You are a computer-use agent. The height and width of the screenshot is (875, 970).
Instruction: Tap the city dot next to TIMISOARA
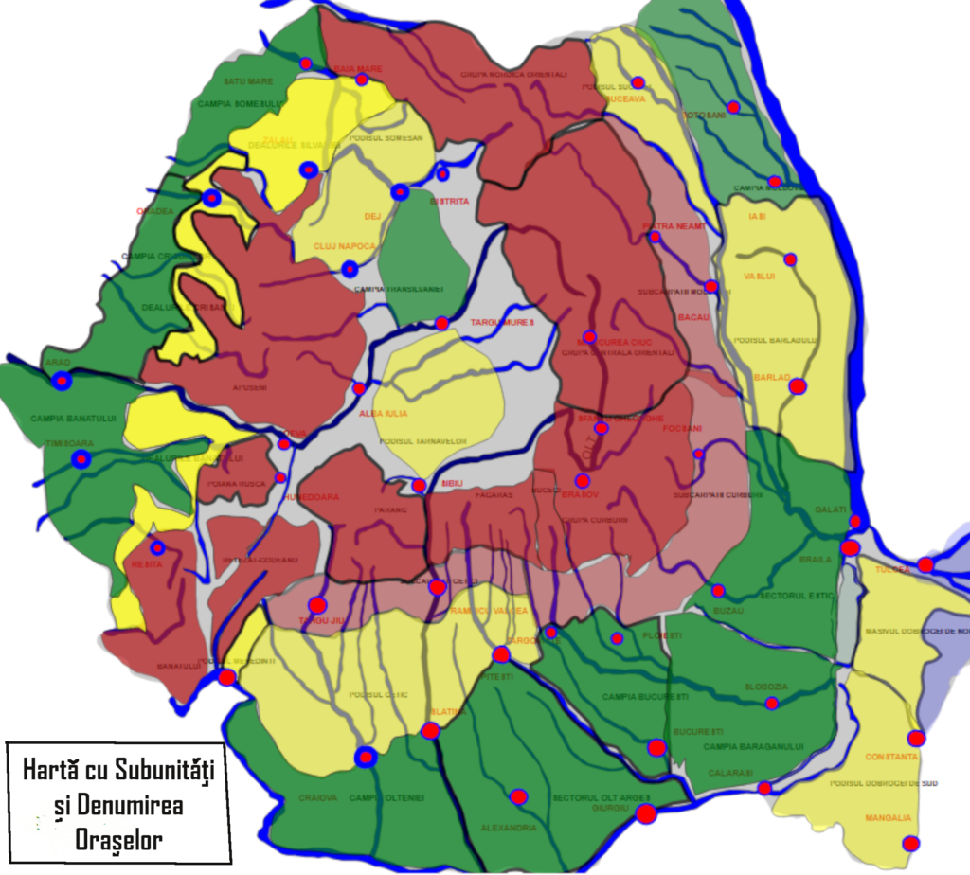[x=81, y=460]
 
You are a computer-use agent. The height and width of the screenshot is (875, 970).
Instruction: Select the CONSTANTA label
[x=891, y=757]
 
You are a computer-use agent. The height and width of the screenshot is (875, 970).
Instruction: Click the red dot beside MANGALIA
[x=910, y=843]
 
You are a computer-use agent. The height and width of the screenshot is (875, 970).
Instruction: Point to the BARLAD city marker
[x=798, y=386]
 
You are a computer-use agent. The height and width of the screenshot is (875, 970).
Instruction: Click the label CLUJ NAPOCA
[x=345, y=247]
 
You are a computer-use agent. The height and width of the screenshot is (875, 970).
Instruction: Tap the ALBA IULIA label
[x=383, y=414]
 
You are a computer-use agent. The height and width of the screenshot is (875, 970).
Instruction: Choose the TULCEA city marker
[x=925, y=565]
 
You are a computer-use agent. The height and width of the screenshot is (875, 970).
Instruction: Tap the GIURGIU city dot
[x=646, y=813]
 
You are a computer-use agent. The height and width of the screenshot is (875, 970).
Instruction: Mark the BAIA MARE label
[x=357, y=68]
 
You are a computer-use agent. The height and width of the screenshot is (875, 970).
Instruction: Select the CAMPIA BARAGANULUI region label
[x=754, y=747]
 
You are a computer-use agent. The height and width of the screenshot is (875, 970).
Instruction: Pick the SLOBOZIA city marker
[x=772, y=703]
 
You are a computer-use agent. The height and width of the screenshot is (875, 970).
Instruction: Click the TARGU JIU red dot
[x=317, y=605]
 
